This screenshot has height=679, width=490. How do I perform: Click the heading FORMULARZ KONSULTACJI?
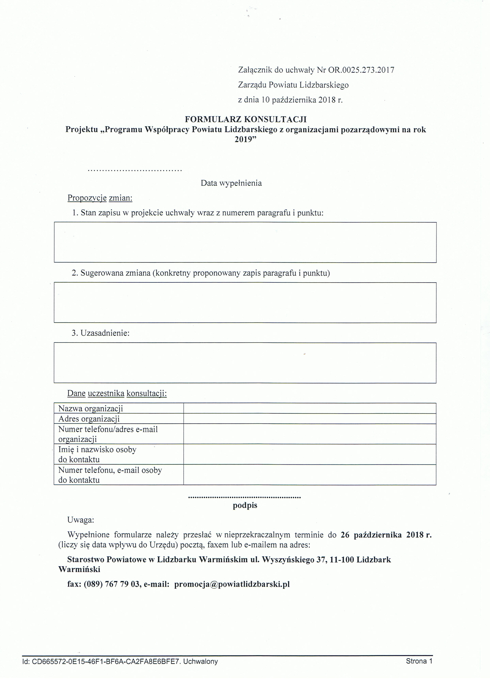(x=246, y=120)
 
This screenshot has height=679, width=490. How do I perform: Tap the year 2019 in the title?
(x=246, y=139)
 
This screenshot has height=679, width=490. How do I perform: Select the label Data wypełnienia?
(x=231, y=183)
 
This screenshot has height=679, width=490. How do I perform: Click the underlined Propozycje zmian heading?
(x=100, y=198)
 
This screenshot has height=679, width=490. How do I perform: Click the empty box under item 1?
(x=245, y=243)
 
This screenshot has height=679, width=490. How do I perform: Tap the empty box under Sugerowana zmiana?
(x=245, y=303)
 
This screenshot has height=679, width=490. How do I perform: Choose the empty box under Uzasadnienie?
(x=245, y=363)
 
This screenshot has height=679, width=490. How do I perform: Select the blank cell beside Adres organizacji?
(x=310, y=419)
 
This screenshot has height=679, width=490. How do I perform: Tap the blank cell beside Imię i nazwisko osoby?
(x=310, y=454)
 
